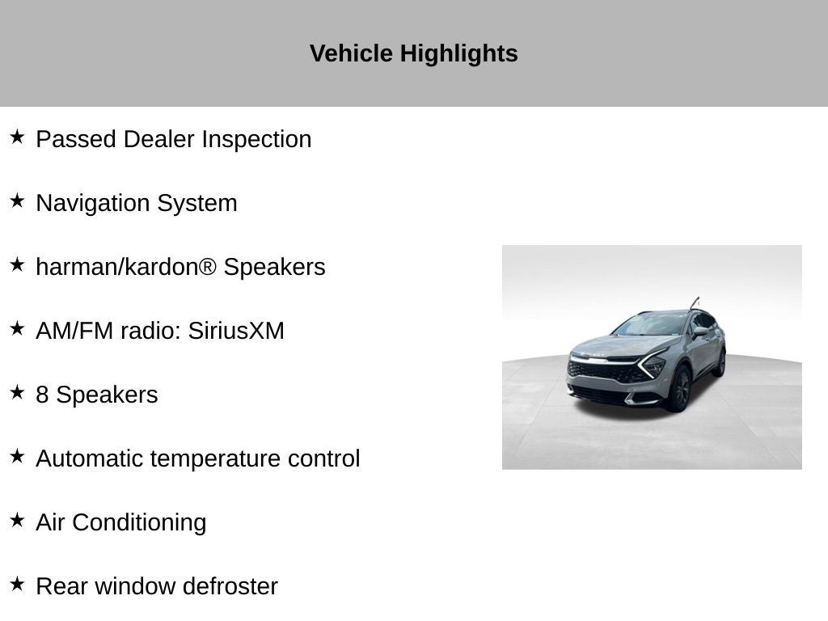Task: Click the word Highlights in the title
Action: (458, 54)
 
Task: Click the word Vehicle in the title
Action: (351, 53)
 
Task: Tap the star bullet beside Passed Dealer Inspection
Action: (17, 137)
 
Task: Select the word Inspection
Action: (256, 140)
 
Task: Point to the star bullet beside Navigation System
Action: (17, 201)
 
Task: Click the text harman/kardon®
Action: (126, 267)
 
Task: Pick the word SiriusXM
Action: (236, 331)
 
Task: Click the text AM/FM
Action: (74, 331)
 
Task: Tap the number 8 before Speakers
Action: (42, 395)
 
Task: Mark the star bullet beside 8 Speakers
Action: (17, 392)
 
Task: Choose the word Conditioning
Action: (139, 523)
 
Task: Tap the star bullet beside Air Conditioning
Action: (17, 520)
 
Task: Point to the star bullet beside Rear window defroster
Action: (17, 584)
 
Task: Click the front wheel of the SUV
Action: (679, 389)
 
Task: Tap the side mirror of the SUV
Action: (701, 332)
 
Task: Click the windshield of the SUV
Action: (649, 323)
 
